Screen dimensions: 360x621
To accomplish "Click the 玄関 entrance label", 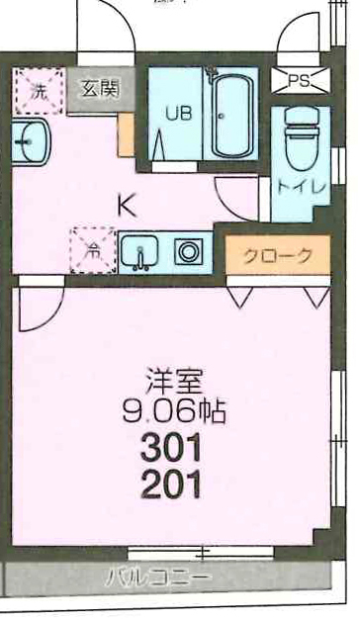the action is point(100,89).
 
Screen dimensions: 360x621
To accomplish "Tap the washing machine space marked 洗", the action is point(39,91).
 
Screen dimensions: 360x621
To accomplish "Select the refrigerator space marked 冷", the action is point(94,250).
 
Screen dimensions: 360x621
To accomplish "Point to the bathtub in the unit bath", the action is point(232,116).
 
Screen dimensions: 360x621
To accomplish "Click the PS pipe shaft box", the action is point(301,81).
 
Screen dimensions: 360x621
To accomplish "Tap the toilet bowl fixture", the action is point(302,137).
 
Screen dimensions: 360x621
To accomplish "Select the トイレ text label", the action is point(302,187).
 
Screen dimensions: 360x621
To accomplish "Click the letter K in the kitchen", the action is point(127,205).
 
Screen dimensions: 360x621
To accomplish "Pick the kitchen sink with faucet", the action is point(139,251).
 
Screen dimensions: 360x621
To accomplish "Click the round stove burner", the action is point(189,251).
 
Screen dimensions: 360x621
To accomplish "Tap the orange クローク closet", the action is point(278,255).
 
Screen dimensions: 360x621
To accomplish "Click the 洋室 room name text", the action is point(174,381).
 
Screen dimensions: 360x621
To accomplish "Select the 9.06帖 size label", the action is point(174,410).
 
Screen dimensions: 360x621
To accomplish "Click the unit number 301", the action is point(171,448).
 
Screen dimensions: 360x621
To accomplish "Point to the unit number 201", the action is point(171,484).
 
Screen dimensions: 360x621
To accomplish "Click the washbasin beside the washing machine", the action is point(31,141).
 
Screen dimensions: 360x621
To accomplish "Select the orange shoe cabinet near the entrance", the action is point(127,134).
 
